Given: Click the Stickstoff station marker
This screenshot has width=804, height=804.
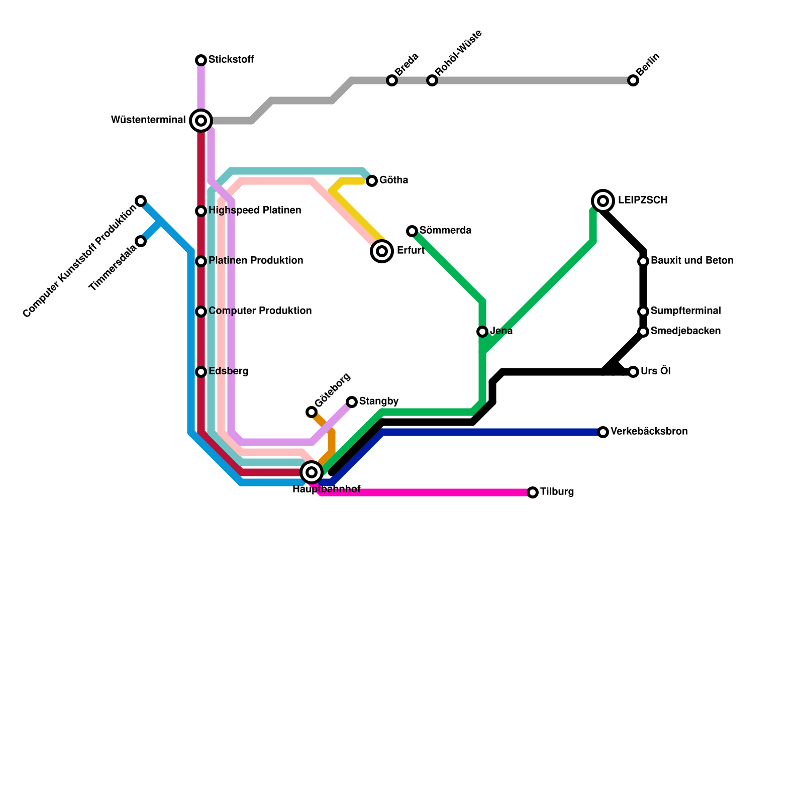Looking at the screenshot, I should [201, 60].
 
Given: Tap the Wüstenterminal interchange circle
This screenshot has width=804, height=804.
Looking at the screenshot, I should [201, 121].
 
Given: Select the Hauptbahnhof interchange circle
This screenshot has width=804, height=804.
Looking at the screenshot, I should [312, 472].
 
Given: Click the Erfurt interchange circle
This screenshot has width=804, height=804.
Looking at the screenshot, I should [382, 251].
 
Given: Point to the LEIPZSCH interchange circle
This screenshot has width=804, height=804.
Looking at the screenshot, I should [603, 201].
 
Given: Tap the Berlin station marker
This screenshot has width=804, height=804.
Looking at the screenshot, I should [633, 80].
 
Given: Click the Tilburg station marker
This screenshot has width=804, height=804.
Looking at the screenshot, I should [533, 492].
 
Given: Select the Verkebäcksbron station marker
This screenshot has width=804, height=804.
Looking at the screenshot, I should [603, 432].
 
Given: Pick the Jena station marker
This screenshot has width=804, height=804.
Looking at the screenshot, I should [482, 332].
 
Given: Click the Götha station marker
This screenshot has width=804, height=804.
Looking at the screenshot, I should [372, 181].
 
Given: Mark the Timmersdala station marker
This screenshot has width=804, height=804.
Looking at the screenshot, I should [141, 241].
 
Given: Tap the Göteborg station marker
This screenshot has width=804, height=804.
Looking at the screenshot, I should [312, 412].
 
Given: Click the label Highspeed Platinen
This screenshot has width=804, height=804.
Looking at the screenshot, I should [255, 211].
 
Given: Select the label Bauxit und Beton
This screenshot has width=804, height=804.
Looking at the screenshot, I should [692, 261].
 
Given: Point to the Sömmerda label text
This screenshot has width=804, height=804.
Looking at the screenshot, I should [445, 231].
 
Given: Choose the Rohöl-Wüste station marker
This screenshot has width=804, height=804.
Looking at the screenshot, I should [432, 80].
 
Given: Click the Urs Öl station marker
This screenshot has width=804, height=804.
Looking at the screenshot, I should [633, 372].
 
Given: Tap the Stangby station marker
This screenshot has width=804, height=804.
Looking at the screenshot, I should [352, 402].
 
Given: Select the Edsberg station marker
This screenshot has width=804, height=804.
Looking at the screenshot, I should [201, 372].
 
